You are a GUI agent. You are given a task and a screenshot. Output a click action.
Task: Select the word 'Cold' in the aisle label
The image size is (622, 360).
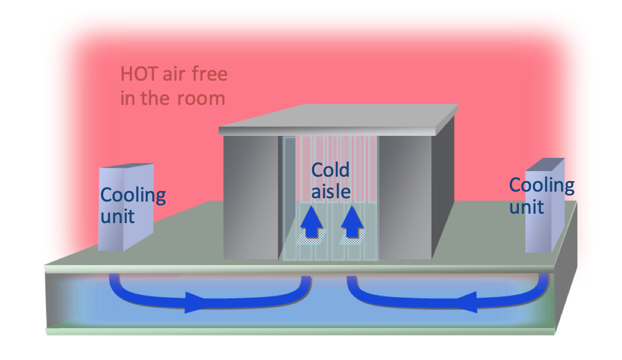click(x=330, y=170)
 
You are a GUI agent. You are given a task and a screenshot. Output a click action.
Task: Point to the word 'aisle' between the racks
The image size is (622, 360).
click(x=330, y=191)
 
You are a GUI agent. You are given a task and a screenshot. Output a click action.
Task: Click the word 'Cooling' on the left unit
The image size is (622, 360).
click(x=133, y=195)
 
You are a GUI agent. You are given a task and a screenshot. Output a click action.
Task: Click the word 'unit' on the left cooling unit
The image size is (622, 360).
click(x=118, y=215)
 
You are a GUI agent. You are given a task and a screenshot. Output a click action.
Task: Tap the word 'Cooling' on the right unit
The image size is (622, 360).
click(x=541, y=185)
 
